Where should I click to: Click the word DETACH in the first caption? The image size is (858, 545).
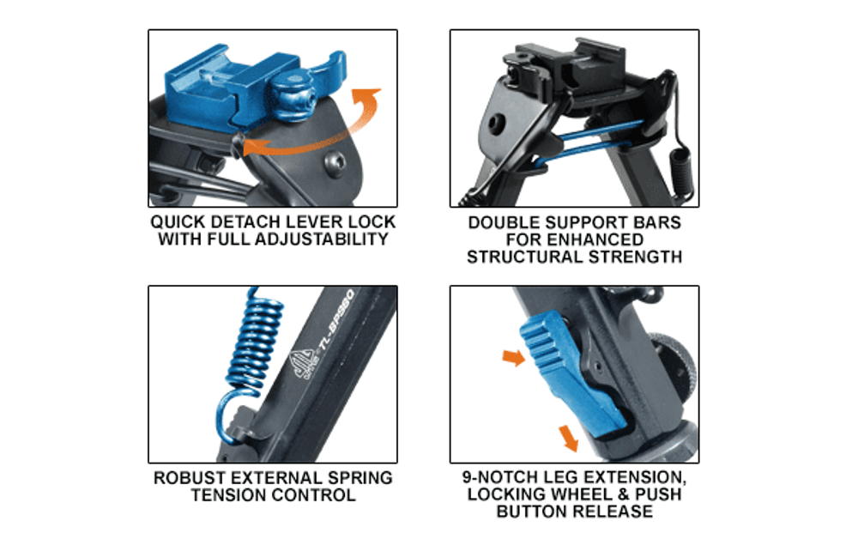[x=243, y=222]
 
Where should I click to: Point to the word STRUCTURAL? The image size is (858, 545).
[x=523, y=257]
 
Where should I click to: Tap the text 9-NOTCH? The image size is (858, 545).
[x=497, y=477]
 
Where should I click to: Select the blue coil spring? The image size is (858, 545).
[x=251, y=355]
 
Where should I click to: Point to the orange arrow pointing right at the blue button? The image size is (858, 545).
[x=514, y=359]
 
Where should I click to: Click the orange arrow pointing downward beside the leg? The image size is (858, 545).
[x=569, y=439]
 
